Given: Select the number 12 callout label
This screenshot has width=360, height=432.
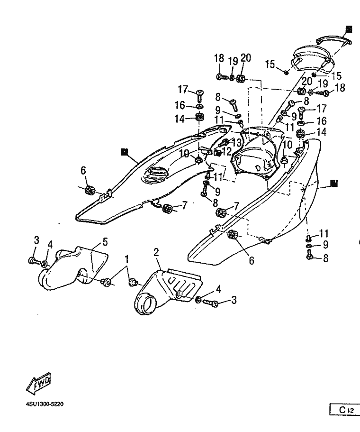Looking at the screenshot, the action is tap(227, 151).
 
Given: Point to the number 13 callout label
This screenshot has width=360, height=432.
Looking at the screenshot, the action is tap(236, 142).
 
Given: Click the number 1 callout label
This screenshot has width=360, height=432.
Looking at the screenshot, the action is tap(127, 259).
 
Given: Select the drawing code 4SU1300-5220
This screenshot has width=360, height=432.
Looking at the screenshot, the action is tap(45, 404).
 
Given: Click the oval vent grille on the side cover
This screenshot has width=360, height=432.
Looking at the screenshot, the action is tap(155, 174).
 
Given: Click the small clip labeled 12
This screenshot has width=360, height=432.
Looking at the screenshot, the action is tap(218, 152).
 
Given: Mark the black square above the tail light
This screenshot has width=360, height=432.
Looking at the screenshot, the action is tap(349, 29).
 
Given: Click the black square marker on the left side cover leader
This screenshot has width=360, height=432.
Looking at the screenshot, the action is tap(125, 152).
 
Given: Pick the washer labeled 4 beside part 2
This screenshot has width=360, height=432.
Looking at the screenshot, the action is tap(198, 300).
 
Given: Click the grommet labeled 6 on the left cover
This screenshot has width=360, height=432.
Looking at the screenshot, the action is tap(90, 190).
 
